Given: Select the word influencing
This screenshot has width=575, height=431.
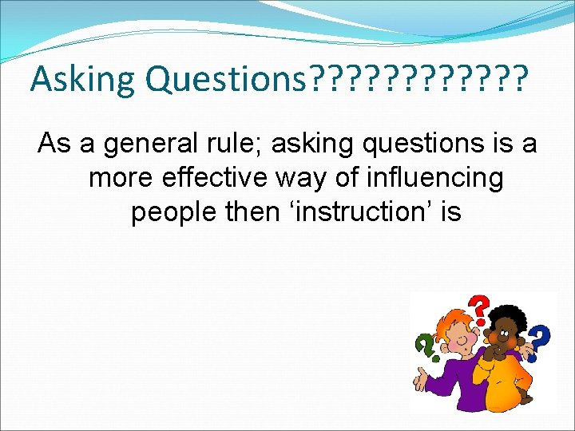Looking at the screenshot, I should point(431,179).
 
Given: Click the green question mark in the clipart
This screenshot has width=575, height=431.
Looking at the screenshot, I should point(423,345).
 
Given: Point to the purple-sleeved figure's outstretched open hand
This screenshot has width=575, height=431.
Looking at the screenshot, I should point(421,378).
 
